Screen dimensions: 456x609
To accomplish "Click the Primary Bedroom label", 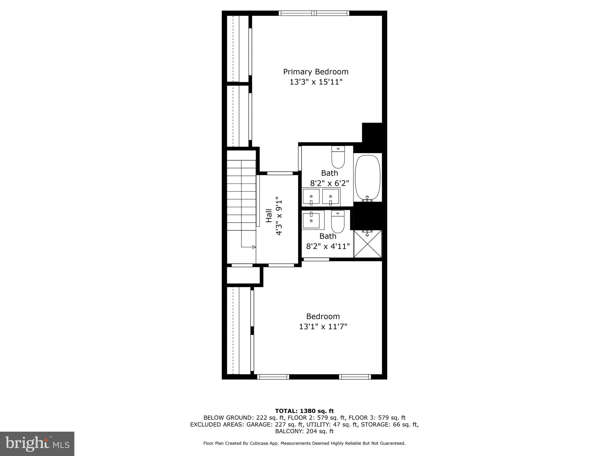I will tap(316, 72).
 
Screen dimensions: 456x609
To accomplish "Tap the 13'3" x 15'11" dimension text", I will tap(316, 82).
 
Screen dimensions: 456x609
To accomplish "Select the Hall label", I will tap(269, 216).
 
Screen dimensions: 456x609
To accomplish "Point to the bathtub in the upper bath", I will tap(368, 177).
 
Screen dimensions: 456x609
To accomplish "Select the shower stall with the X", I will tap(368, 244).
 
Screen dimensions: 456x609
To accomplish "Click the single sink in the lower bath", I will tap(311, 220).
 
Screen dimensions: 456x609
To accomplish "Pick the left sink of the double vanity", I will tap(311, 197).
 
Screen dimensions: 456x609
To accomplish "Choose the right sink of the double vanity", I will tap(331, 197).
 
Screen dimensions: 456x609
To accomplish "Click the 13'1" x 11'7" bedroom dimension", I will tap(323, 327).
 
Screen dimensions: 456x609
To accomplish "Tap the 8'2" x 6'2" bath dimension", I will tap(329, 183).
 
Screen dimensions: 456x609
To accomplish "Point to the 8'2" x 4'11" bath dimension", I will tap(328, 246).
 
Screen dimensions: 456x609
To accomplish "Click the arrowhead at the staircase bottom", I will tap(254, 247).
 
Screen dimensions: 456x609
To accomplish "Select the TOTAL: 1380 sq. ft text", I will tap(304, 411).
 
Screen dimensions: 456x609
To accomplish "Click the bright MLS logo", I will tap(37, 444).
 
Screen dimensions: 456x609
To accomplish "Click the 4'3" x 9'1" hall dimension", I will tap(279, 216).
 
